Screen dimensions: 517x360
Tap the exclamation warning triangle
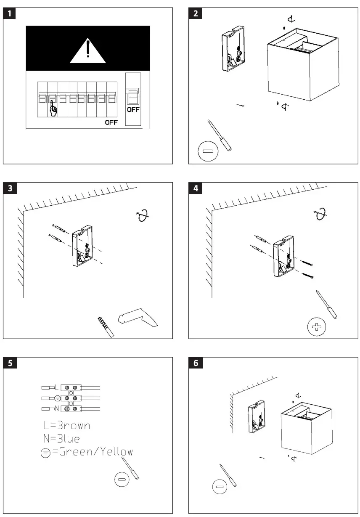coord(87,50)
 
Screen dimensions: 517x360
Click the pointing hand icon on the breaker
coord(53,108)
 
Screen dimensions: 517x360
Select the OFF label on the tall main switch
coord(133,110)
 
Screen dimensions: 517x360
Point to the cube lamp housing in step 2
coord(302,66)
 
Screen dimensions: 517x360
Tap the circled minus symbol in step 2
coord(206,151)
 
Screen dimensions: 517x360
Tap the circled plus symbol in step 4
coord(317,327)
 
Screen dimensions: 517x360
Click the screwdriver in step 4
coord(327,305)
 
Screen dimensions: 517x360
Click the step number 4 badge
coord(195,189)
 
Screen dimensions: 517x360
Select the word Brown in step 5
coord(74,425)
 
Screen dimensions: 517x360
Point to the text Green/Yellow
coord(95,452)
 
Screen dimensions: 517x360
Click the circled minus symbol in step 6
coord(219,487)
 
